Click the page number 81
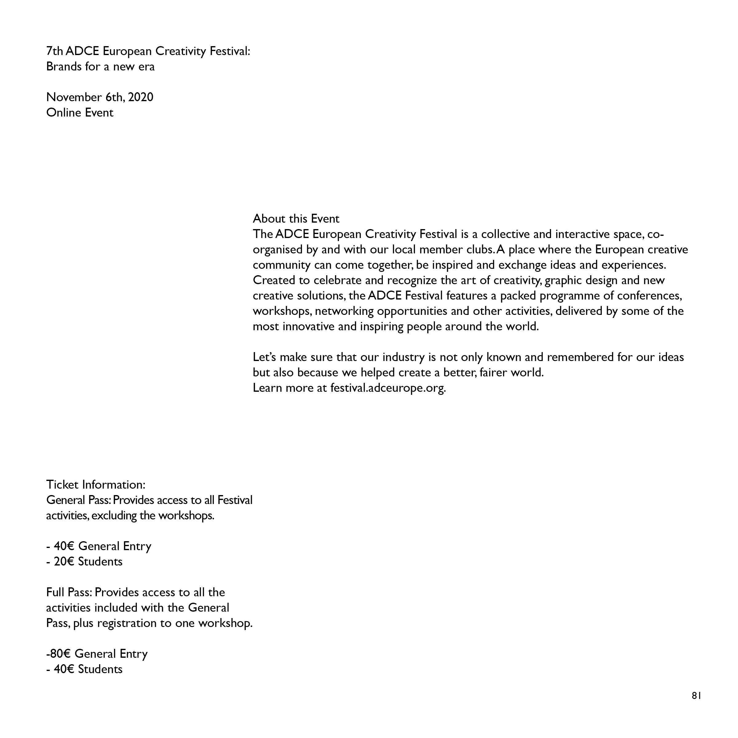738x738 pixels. (x=696, y=706)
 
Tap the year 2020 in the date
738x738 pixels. (x=141, y=97)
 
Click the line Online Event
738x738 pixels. (x=80, y=113)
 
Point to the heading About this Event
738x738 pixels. (x=296, y=219)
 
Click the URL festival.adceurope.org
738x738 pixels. (x=388, y=388)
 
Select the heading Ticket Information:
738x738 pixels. (x=96, y=485)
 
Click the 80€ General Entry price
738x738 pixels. (x=61, y=653)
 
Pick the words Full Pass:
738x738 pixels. (x=69, y=592)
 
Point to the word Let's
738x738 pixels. (x=264, y=357)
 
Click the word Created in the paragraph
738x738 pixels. (x=274, y=280)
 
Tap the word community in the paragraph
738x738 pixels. (x=282, y=265)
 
